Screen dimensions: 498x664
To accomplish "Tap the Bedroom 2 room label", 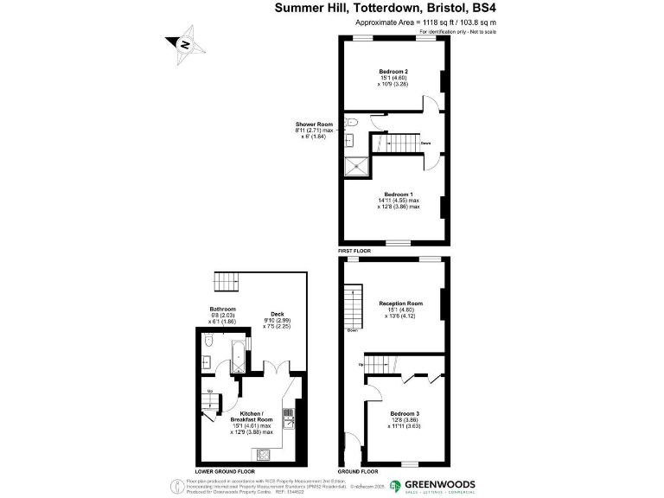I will click(x=393, y=71).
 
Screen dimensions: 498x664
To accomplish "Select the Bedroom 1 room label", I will click(x=399, y=194).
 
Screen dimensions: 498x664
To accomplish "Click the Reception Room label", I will click(x=400, y=303).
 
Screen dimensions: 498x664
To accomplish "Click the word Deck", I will click(x=278, y=314).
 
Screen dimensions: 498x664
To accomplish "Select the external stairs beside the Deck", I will click(x=227, y=280).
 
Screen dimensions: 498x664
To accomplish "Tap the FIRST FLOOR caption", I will click(x=355, y=251).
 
